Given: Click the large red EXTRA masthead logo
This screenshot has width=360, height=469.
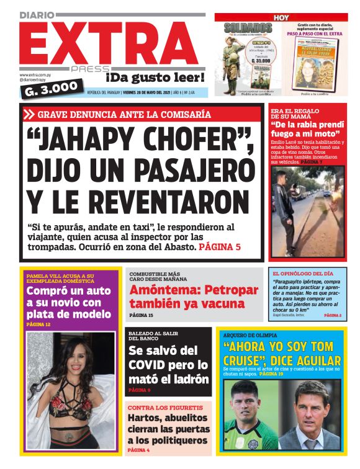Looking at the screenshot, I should pyautogui.click(x=106, y=40).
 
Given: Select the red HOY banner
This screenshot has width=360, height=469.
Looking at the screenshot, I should pyautogui.click(x=281, y=17).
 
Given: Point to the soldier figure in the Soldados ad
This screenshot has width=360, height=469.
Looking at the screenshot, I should pyautogui.click(x=235, y=56).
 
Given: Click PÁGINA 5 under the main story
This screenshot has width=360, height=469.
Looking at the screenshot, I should pyautogui.click(x=220, y=247).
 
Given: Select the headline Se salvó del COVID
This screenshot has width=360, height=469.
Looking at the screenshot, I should pyautogui.click(x=168, y=363).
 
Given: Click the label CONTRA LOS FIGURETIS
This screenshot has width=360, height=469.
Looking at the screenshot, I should pyautogui.click(x=156, y=408).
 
